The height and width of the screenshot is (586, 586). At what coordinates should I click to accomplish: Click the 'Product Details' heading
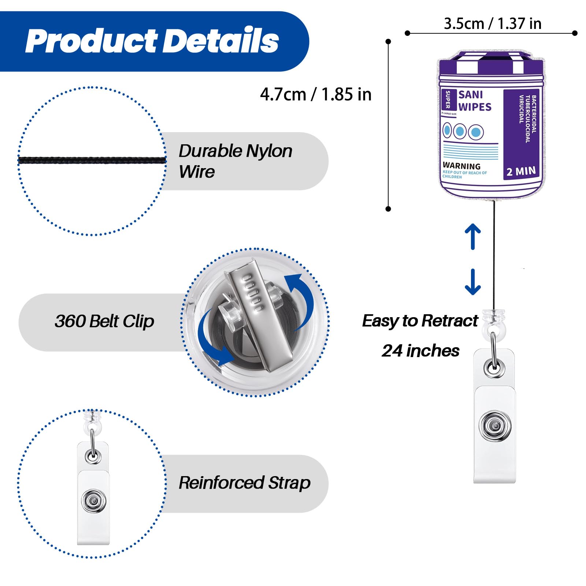click(x=152, y=41)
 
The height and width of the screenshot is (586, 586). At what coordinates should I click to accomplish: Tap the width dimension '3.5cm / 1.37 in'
click(x=492, y=24)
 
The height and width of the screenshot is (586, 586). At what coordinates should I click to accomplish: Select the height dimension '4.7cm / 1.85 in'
click(x=316, y=94)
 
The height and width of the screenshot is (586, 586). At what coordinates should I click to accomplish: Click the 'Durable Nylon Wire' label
click(x=235, y=161)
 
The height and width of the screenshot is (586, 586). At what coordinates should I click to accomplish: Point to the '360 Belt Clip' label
click(x=104, y=322)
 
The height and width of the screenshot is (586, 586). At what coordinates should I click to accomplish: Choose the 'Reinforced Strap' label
click(x=244, y=483)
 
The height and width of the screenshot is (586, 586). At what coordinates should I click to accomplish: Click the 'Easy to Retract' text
click(x=420, y=321)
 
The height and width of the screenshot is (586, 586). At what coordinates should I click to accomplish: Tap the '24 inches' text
click(x=420, y=351)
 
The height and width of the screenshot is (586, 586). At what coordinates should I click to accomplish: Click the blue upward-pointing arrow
click(x=473, y=236)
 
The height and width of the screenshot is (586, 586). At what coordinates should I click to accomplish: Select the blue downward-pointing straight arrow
click(x=473, y=282)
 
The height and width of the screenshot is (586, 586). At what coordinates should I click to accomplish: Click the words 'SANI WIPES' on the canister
click(x=474, y=101)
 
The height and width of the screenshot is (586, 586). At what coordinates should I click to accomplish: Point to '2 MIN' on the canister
click(x=521, y=171)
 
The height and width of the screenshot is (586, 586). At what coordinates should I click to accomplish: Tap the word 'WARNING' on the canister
click(x=461, y=166)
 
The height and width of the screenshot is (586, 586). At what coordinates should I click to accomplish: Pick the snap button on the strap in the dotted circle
click(x=94, y=501)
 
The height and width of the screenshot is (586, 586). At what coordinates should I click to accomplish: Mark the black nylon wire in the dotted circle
click(x=92, y=160)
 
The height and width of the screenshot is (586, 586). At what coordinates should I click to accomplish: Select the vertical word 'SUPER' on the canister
click(x=448, y=100)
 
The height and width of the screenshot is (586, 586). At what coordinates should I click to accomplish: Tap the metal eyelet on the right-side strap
click(x=494, y=367)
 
